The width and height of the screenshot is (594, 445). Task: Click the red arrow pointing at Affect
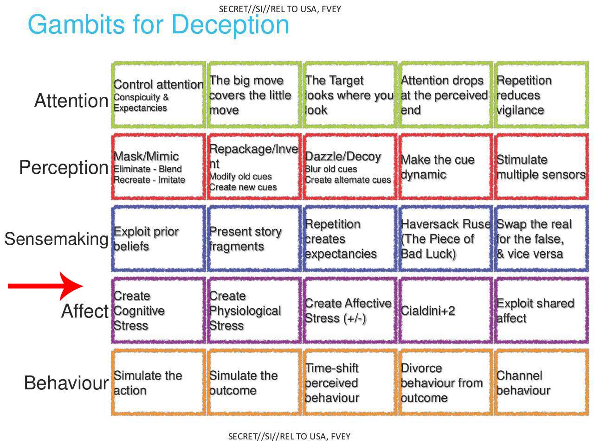click(45, 286)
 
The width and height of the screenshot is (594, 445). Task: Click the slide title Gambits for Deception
click(158, 25)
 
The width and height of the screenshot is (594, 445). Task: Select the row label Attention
click(71, 101)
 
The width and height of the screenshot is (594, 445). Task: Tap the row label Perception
click(64, 167)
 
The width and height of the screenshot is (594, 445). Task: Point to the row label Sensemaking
click(56, 239)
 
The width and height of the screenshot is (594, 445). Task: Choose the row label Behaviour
click(66, 383)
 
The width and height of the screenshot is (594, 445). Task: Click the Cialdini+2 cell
click(445, 311)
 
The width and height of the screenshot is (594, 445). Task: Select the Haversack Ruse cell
click(445, 239)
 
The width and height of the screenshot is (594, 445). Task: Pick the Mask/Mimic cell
click(158, 167)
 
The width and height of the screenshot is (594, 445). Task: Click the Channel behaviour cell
click(541, 382)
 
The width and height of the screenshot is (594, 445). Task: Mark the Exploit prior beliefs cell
click(158, 239)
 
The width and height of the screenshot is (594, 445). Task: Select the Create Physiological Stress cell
click(254, 311)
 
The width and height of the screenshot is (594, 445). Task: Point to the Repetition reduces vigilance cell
click(541, 95)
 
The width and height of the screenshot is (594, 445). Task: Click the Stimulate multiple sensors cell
click(541, 167)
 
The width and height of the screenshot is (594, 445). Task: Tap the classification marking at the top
click(280, 9)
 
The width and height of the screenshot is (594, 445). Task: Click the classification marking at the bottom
click(289, 436)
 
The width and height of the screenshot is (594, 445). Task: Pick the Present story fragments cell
click(254, 239)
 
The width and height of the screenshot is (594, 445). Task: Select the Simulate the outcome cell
click(254, 382)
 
